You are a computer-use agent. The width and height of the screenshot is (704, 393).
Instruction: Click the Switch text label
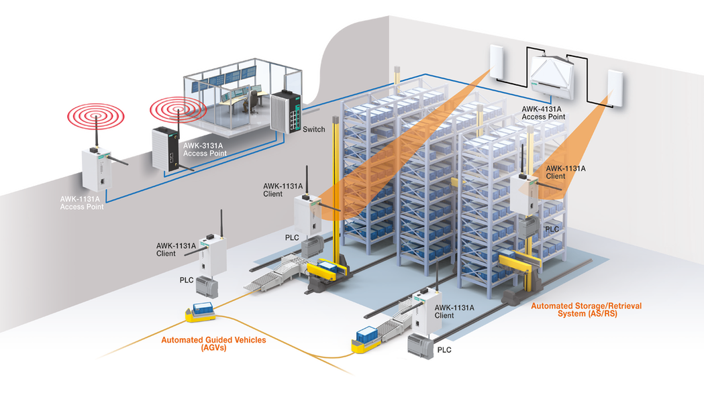tap(314, 129)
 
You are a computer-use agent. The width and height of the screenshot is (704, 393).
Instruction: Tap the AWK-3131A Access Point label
tap(205, 149)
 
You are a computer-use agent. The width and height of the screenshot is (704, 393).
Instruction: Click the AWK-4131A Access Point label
tap(544, 112)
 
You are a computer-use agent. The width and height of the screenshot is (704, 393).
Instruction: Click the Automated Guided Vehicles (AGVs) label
tap(213, 344)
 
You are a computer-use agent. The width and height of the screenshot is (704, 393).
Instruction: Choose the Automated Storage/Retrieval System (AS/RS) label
tap(586, 310)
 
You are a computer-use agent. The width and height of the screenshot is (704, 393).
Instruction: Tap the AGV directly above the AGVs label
tap(201, 310)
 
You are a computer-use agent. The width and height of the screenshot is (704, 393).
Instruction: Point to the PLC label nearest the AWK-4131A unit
tap(551, 229)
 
